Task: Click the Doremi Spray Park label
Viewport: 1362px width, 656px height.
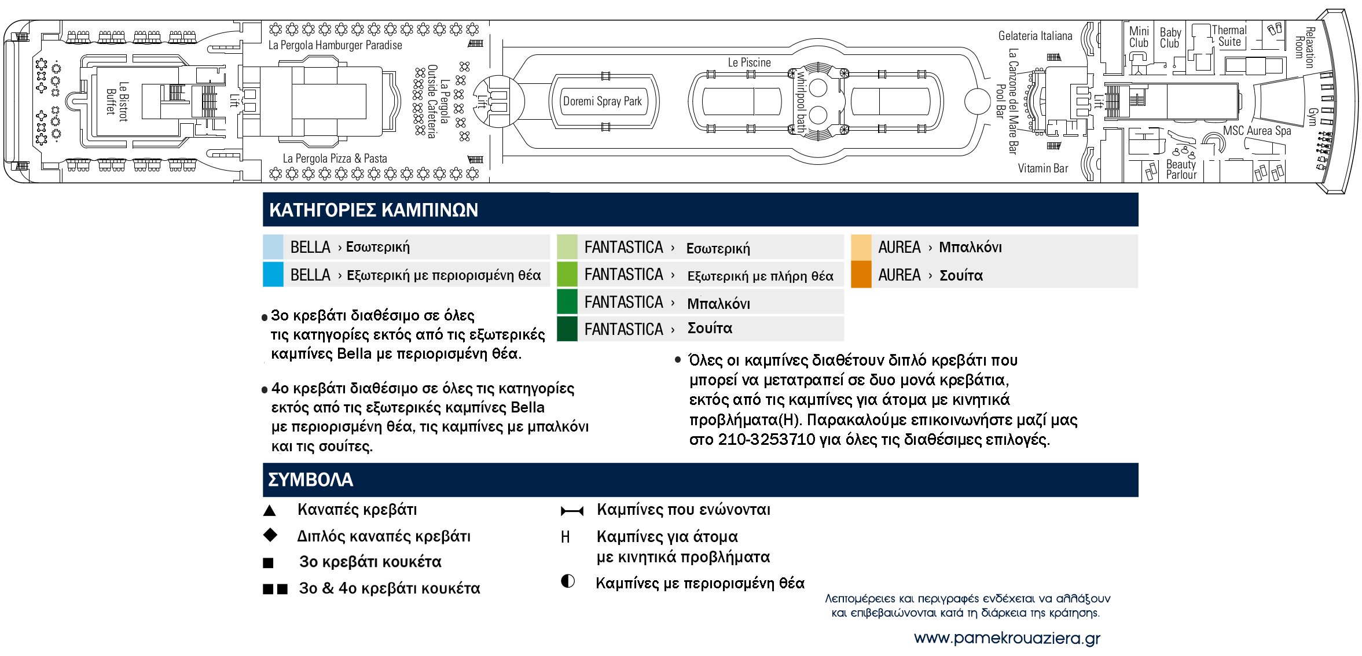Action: [x=602, y=101]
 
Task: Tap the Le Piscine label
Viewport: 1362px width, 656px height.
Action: [x=749, y=62]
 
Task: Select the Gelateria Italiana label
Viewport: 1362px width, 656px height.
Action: [x=1035, y=36]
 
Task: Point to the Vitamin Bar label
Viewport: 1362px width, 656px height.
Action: [x=1042, y=168]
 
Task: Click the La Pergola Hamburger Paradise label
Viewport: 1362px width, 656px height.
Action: [x=335, y=45]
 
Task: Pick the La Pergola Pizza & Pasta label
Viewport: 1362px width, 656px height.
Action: [x=335, y=159]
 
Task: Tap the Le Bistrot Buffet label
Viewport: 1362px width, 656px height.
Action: [x=116, y=101]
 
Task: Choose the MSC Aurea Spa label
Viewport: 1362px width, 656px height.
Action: [x=1257, y=131]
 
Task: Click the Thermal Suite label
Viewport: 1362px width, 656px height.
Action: [x=1229, y=36]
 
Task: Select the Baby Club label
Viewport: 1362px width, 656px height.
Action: [x=1170, y=38]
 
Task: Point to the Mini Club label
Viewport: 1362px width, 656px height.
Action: [x=1139, y=37]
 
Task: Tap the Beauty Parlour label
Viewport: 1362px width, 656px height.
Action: [x=1181, y=169]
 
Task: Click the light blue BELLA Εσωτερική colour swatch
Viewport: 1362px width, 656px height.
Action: [x=273, y=247]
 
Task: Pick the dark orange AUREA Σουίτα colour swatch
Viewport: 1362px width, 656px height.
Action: [x=861, y=275]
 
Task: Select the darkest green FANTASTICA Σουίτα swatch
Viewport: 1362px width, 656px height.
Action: [x=567, y=329]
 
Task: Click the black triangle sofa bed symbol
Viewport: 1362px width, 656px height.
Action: [x=269, y=510]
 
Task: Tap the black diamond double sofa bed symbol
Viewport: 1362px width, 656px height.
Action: [x=270, y=535]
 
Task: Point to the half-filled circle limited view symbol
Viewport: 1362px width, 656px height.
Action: [x=567, y=581]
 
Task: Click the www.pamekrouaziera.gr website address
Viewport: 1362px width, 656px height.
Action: [x=1007, y=638]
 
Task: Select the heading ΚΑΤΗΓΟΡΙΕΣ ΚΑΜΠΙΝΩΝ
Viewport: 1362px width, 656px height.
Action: [x=373, y=210]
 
